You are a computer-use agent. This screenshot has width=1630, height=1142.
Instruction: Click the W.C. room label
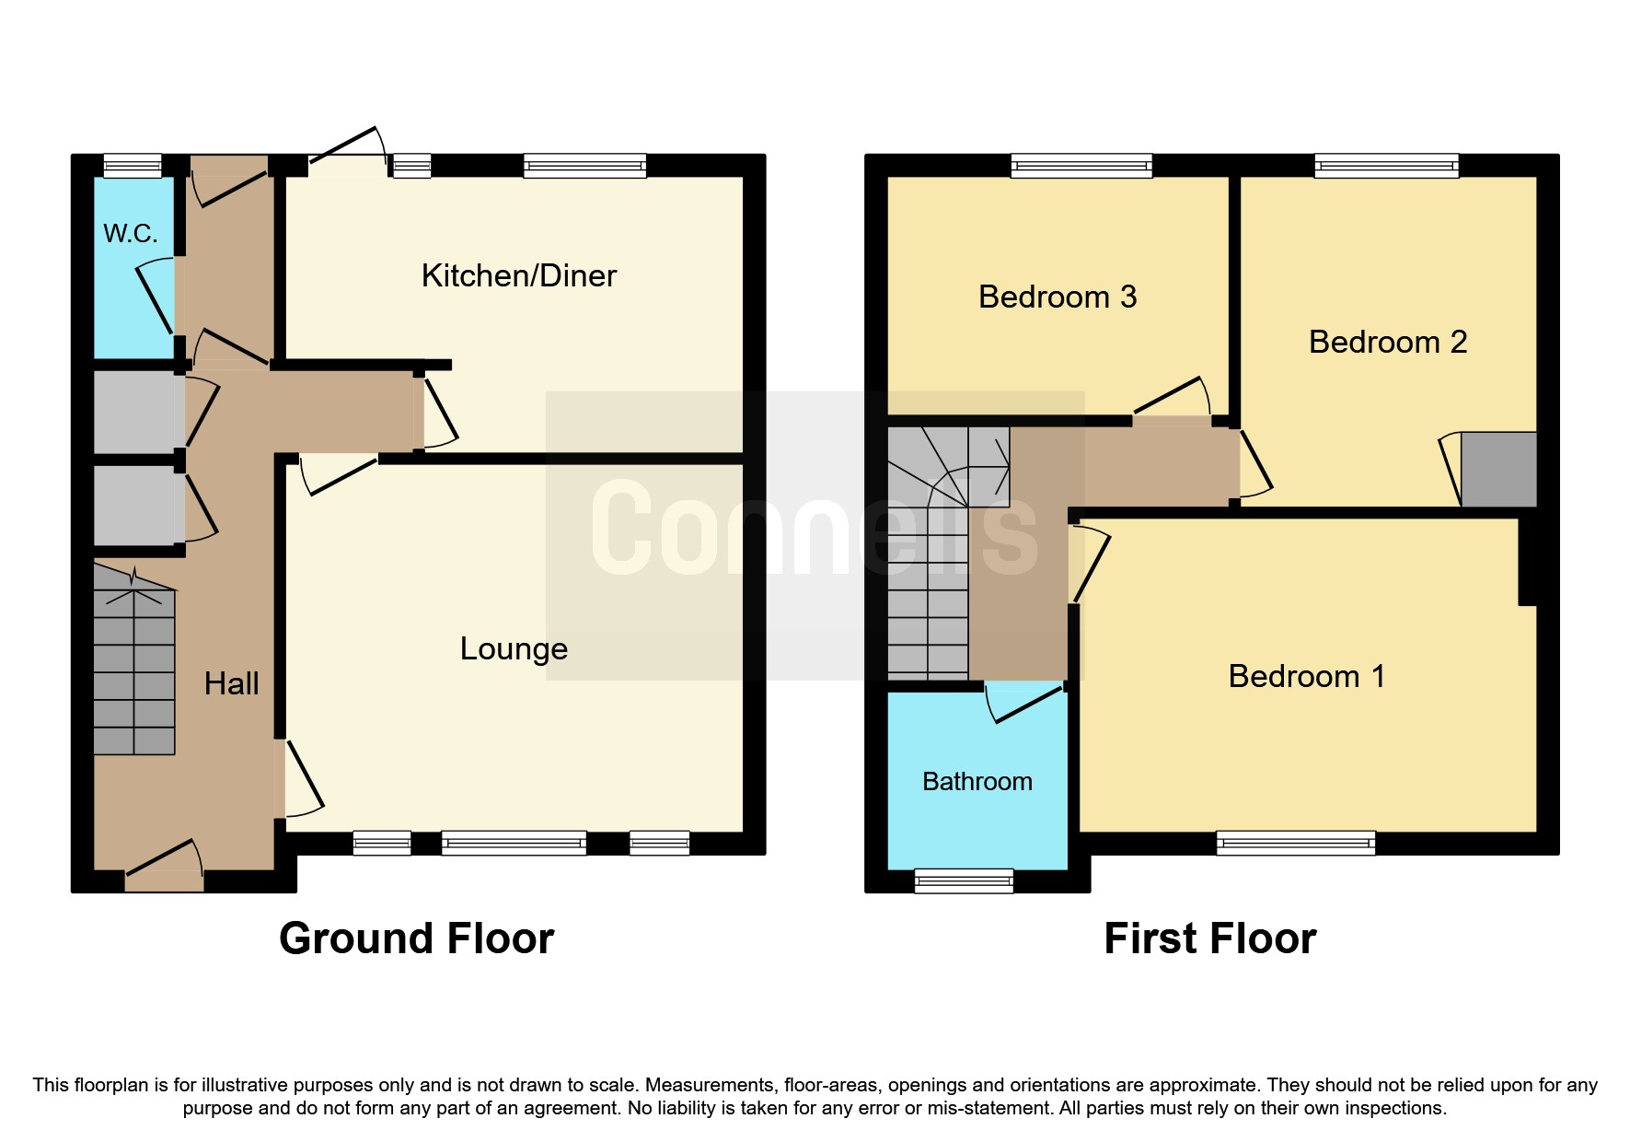[130, 234]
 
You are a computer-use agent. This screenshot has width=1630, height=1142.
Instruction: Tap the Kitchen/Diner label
[518, 275]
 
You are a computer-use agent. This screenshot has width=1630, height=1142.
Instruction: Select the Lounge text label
[514, 649]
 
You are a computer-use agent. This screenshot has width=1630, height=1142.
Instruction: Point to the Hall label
[231, 683]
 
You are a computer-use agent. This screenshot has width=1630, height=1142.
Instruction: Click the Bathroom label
[977, 782]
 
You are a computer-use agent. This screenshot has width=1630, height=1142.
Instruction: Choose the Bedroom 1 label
[1306, 677]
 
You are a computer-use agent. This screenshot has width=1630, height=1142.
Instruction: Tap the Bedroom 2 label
[1387, 343]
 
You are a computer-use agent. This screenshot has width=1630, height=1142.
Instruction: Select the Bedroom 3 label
[1057, 297]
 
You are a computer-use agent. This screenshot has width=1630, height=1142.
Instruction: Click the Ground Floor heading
[416, 939]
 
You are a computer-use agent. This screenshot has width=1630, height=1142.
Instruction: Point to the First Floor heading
[1209, 939]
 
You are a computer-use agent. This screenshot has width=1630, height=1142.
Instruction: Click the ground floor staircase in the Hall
[134, 663]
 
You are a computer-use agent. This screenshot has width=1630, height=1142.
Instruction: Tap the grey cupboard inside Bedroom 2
[1498, 469]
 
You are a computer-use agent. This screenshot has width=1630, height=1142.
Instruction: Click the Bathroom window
[964, 881]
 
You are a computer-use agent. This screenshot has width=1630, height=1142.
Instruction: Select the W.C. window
[132, 166]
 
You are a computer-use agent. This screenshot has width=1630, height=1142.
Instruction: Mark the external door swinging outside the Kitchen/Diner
[348, 148]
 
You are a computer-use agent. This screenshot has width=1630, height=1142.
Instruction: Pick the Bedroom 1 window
[1295, 843]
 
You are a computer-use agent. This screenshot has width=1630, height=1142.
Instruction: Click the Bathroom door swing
[1022, 705]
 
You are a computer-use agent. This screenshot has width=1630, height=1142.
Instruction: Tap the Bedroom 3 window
[1081, 166]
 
